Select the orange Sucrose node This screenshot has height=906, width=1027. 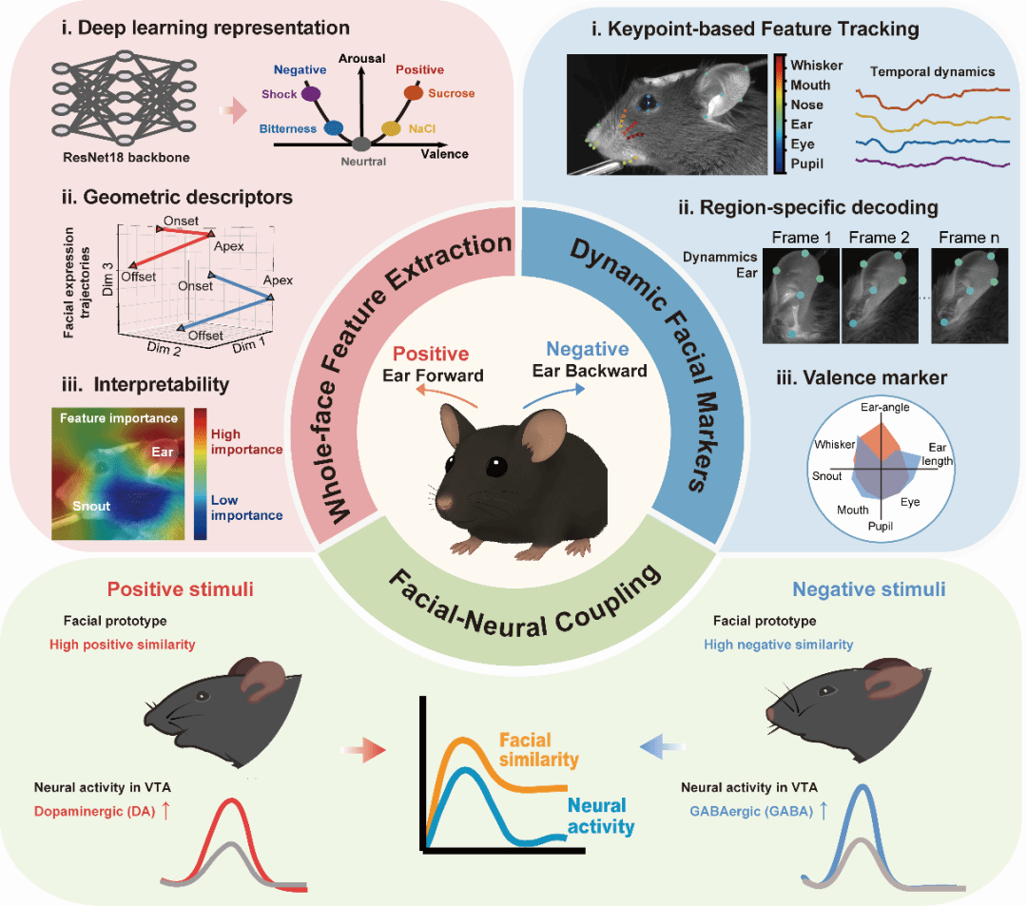(414, 93)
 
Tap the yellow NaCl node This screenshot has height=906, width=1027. (390, 127)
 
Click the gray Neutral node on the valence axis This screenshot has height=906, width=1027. (360, 145)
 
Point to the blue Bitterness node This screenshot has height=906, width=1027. (333, 127)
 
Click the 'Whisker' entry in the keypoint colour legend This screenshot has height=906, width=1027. (817, 65)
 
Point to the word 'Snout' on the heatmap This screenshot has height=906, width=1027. (91, 506)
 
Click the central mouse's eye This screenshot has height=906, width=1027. (494, 467)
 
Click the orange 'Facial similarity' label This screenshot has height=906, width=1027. (538, 750)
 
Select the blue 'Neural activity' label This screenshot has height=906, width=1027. (600, 816)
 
